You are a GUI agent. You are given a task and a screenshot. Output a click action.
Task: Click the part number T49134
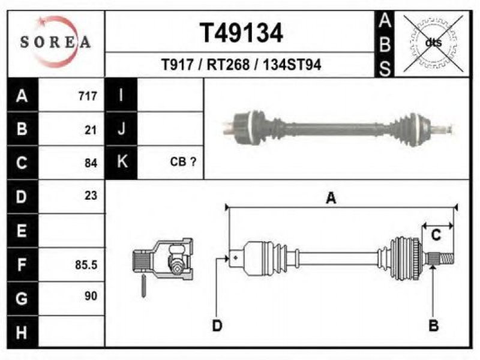tap(241, 33)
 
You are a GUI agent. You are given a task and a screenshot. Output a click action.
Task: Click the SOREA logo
tap(55, 42)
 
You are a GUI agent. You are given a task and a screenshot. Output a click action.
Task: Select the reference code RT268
tap(228, 65)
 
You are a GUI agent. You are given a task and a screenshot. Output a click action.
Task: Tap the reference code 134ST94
tap(292, 65)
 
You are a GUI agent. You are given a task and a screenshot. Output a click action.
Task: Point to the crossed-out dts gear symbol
tap(433, 43)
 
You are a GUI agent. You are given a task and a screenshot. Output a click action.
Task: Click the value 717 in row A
tap(88, 96)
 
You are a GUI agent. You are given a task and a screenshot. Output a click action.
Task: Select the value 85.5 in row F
tap(86, 265)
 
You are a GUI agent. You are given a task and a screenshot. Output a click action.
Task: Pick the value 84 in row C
tap(91, 163)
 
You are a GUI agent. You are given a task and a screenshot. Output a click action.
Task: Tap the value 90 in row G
tap(91, 296)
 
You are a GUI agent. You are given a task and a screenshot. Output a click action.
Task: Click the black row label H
tap(22, 332)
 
